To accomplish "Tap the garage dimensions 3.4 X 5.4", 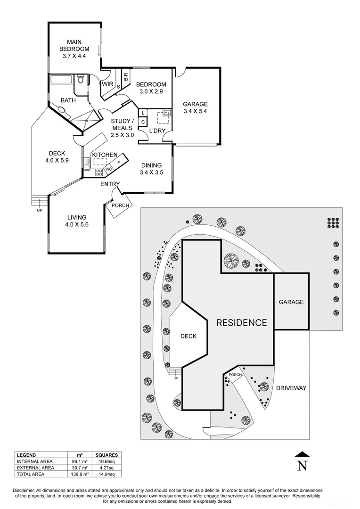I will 196,112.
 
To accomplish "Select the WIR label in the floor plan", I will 106,84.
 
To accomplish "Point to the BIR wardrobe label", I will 126,77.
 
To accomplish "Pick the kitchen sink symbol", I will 87,164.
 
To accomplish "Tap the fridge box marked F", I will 119,162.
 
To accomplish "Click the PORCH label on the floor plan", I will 120,205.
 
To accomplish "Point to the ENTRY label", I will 110,184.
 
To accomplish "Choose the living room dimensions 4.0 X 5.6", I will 77,225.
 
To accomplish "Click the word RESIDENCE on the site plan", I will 241,323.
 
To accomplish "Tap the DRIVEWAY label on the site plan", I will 291,388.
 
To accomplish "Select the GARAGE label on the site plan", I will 291,302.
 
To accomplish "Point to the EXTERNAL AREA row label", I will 36,468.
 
